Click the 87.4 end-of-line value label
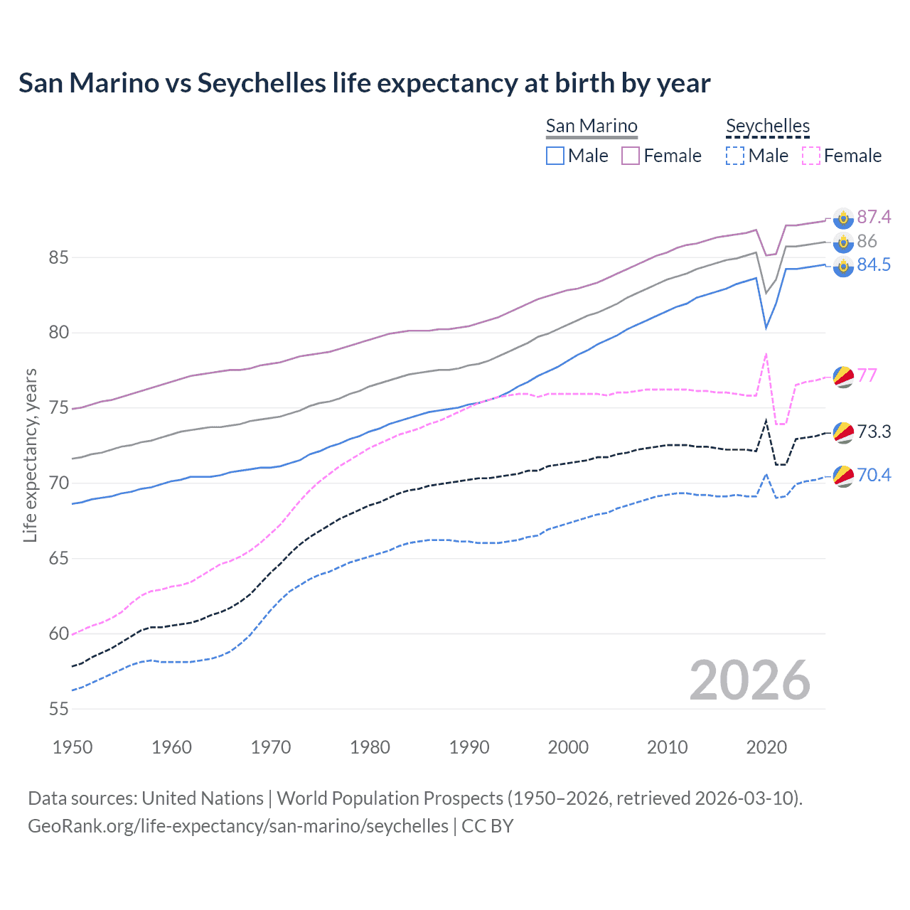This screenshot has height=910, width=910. pos(873,217)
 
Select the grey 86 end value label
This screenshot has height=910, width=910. pos(867,241)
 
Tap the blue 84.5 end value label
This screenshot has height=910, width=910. pos(873,265)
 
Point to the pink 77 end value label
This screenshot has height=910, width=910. pos(867,375)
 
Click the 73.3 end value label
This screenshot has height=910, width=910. pos(873,432)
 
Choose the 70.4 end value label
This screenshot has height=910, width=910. pos(873,475)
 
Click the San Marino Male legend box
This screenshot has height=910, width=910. pos(555,156)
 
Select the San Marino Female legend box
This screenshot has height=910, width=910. pos(631,156)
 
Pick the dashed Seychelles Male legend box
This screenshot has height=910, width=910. pos(735,156)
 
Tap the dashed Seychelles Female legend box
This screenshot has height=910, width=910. pos(811,156)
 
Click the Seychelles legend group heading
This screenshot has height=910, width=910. pos(768,127)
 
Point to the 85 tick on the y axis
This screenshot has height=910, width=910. pos(58,257)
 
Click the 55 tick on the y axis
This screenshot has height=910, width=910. pos(58,709)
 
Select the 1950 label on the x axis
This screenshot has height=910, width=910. pos(73,747)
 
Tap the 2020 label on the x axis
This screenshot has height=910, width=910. pos(766,747)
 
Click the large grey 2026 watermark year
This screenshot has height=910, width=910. pos(749,680)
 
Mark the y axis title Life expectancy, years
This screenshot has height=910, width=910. pos(30,455)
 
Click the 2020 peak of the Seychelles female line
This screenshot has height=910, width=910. pos(766,353)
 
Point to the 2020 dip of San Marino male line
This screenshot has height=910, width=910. pos(766,328)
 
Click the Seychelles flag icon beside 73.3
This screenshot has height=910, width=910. pos(843,432)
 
